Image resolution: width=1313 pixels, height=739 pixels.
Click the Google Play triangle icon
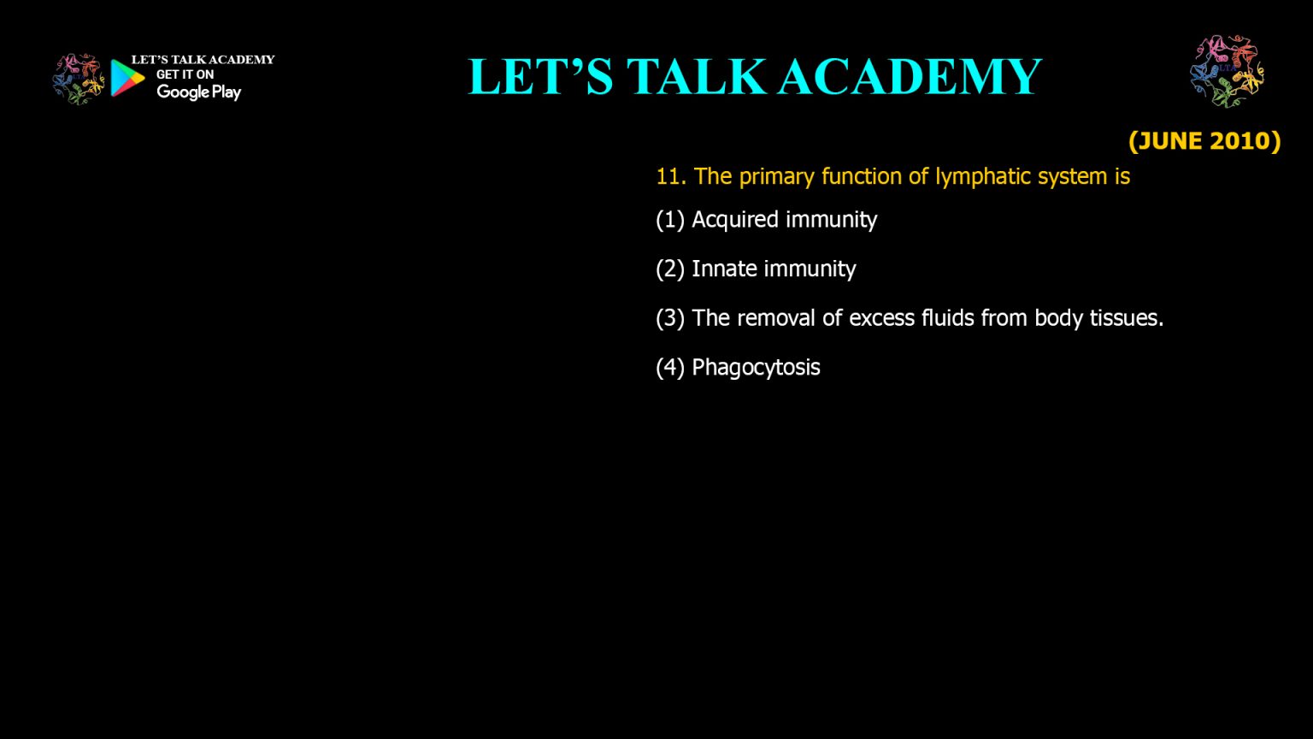(127, 78)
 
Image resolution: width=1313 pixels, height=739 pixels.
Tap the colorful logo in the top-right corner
(1227, 72)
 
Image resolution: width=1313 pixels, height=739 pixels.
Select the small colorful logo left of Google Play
(78, 79)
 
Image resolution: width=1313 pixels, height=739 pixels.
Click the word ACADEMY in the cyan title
(910, 76)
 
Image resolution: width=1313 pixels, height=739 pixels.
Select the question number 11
(669, 176)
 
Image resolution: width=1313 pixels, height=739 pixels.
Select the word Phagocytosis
(756, 368)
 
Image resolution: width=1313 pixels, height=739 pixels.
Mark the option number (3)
(670, 318)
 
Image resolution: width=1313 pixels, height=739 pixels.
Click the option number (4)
(670, 368)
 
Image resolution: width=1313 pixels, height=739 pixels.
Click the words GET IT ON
(185, 74)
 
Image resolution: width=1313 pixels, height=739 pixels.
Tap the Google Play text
(198, 92)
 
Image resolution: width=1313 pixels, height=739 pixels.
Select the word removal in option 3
(776, 318)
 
